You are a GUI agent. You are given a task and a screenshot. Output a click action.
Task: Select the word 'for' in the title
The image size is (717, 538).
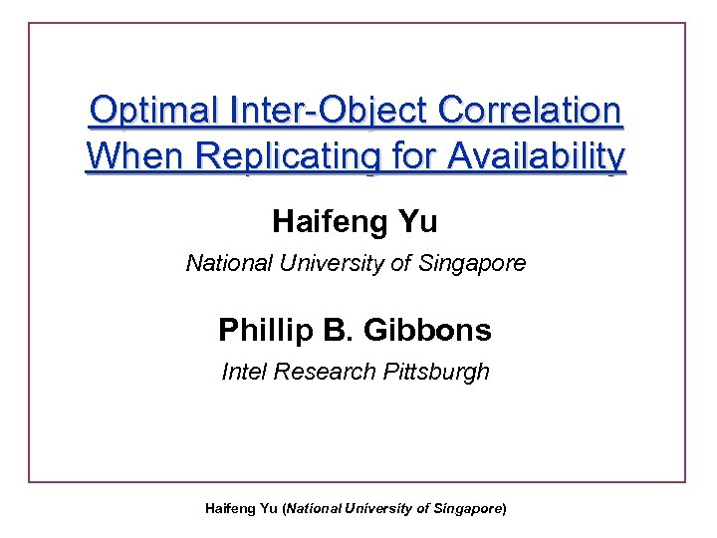pyautogui.click(x=412, y=156)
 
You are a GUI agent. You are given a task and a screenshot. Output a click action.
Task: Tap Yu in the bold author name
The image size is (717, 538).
pyautogui.click(x=418, y=221)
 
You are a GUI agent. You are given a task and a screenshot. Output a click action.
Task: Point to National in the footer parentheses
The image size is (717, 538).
pyautogui.click(x=315, y=508)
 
